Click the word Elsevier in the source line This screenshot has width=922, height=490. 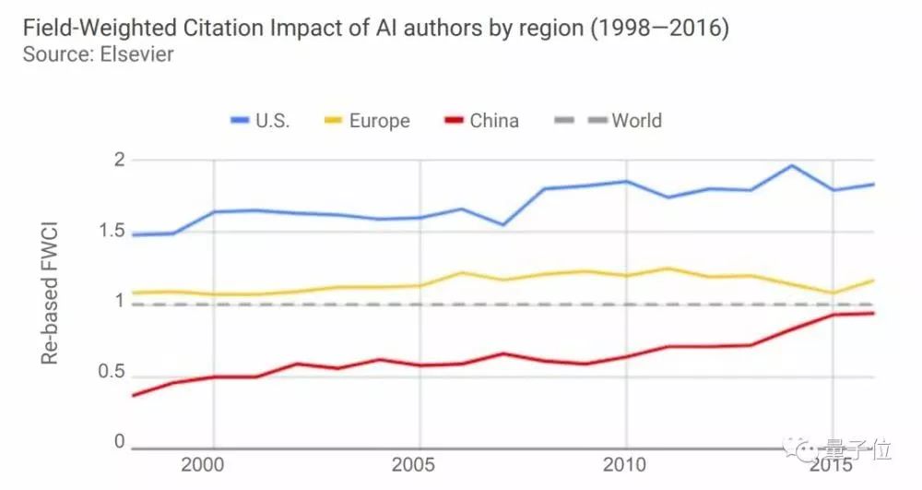click(x=138, y=54)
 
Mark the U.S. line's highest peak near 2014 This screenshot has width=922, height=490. click(x=791, y=165)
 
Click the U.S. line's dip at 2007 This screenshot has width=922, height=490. click(x=502, y=224)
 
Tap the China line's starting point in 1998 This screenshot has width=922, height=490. click(x=133, y=395)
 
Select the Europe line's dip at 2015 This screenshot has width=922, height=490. click(x=833, y=293)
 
